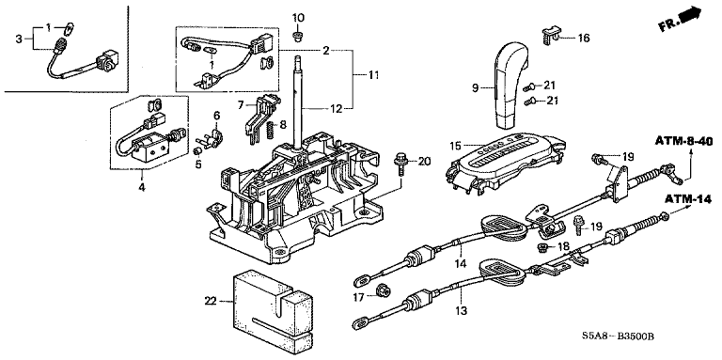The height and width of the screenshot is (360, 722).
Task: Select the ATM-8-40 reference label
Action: pos(683,141)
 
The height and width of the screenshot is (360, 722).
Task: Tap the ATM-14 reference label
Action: pos(688,199)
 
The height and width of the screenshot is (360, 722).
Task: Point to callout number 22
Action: pos(210,302)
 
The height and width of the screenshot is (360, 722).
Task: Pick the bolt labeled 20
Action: pos(400,165)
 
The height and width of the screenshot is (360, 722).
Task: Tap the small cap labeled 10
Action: pos(298,36)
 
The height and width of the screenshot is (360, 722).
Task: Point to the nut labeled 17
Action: pos(382,291)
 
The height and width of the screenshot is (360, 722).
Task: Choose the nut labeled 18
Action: pos(542,248)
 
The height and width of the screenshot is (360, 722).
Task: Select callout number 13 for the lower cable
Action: pos(462,311)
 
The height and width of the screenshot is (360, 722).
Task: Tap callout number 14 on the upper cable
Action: pos(461,264)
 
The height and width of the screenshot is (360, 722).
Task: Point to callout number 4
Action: pos(142,187)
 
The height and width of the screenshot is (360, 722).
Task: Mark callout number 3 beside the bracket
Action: pos(19,39)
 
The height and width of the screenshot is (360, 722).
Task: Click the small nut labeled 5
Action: pos(197,151)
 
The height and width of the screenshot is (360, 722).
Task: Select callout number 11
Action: pos(373,74)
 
